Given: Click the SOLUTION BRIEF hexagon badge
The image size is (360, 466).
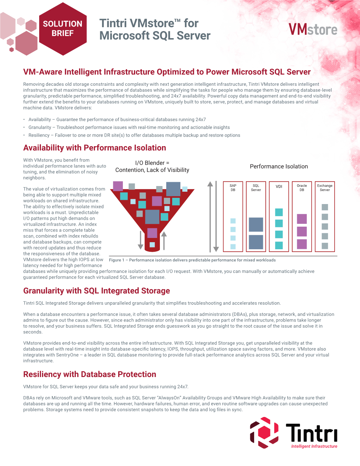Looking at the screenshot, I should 63,29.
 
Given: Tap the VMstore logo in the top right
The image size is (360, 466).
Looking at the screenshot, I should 313,30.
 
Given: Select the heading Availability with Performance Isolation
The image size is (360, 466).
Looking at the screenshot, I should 95,148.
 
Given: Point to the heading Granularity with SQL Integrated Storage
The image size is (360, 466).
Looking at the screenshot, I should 96,291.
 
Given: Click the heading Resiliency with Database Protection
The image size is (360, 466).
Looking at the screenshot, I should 90,375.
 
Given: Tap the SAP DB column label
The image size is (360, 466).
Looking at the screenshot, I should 233,188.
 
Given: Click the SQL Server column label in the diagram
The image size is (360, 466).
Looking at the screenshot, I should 256,188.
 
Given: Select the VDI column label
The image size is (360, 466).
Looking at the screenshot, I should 279,186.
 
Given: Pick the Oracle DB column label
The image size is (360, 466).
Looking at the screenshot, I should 302,188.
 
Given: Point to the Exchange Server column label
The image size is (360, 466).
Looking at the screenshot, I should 325,188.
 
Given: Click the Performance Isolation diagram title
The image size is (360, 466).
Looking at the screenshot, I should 279,167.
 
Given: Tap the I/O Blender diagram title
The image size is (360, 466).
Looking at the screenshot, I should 152,166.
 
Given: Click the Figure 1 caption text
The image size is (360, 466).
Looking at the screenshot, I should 192,260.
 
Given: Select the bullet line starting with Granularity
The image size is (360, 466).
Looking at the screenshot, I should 129,127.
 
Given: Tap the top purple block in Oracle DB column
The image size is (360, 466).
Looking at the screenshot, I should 302,219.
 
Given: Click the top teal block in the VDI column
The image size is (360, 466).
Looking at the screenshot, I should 279,212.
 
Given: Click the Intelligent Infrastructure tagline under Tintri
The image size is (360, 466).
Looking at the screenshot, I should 314,447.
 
